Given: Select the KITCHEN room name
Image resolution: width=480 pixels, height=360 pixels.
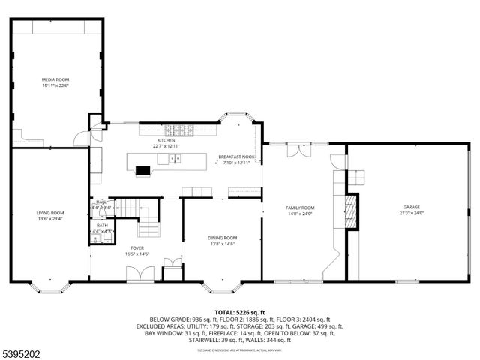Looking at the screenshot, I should pyautogui.click(x=166, y=140).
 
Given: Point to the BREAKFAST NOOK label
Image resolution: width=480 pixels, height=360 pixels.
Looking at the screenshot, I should pyautogui.click(x=236, y=157).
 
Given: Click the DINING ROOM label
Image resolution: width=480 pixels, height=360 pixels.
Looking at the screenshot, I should pyautogui.click(x=222, y=238).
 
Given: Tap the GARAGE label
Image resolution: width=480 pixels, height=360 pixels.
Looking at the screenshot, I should pyautogui.click(x=411, y=207).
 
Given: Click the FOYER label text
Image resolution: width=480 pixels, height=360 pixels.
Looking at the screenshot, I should pyautogui.click(x=137, y=247).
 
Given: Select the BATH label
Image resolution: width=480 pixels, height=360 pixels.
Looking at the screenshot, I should pyautogui.click(x=101, y=225).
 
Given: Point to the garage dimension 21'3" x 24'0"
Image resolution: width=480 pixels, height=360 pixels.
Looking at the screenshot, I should pyautogui.click(x=411, y=213).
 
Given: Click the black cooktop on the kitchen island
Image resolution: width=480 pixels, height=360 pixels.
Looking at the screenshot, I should pyautogui.click(x=142, y=170).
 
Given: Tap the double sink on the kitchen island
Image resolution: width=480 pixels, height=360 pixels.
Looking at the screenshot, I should pyautogui.click(x=175, y=159).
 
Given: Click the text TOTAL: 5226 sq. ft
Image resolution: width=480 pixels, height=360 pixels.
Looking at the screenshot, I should pyautogui.click(x=239, y=311).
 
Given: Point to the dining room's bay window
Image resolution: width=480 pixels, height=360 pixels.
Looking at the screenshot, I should pyautogui.click(x=221, y=286).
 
